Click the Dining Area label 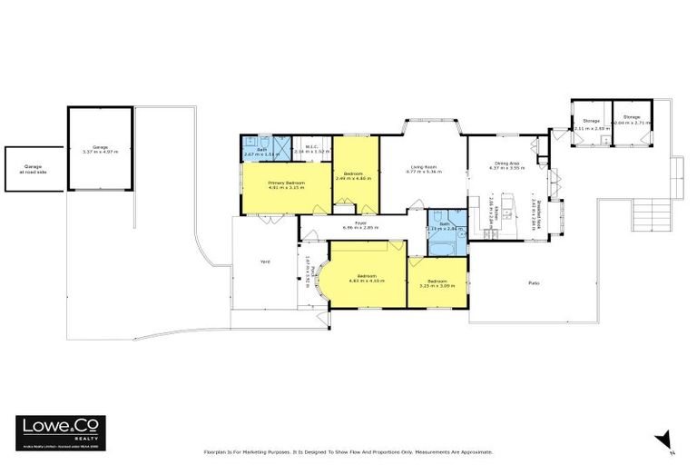pos(507,165)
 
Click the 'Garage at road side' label pos(34,169)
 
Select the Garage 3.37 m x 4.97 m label pos(100,148)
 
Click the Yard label pos(265,262)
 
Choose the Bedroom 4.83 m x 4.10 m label pos(367,277)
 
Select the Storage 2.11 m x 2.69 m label pos(592,124)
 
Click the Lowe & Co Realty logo pos(60,430)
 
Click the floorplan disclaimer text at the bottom pos(348,451)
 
